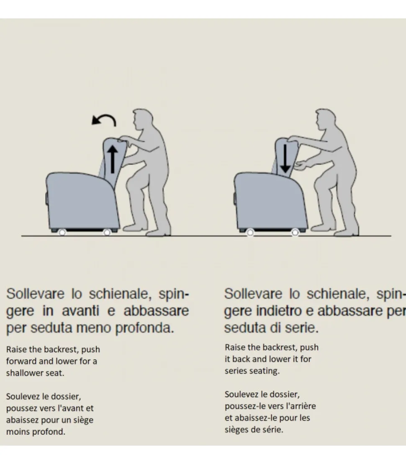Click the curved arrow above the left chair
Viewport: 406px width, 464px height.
click(104, 120)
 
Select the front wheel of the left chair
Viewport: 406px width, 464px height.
click(62, 232)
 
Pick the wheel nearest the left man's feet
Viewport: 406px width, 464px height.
click(107, 232)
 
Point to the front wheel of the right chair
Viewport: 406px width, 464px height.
click(250, 232)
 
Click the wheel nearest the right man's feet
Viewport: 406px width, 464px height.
click(295, 232)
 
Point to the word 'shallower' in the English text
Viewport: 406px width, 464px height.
click(23, 373)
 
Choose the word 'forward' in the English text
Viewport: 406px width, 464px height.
click(21, 361)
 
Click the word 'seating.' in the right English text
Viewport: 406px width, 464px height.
click(264, 371)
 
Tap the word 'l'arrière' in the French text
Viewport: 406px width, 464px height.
click(301, 406)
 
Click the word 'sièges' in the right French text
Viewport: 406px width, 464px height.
click(237, 430)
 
